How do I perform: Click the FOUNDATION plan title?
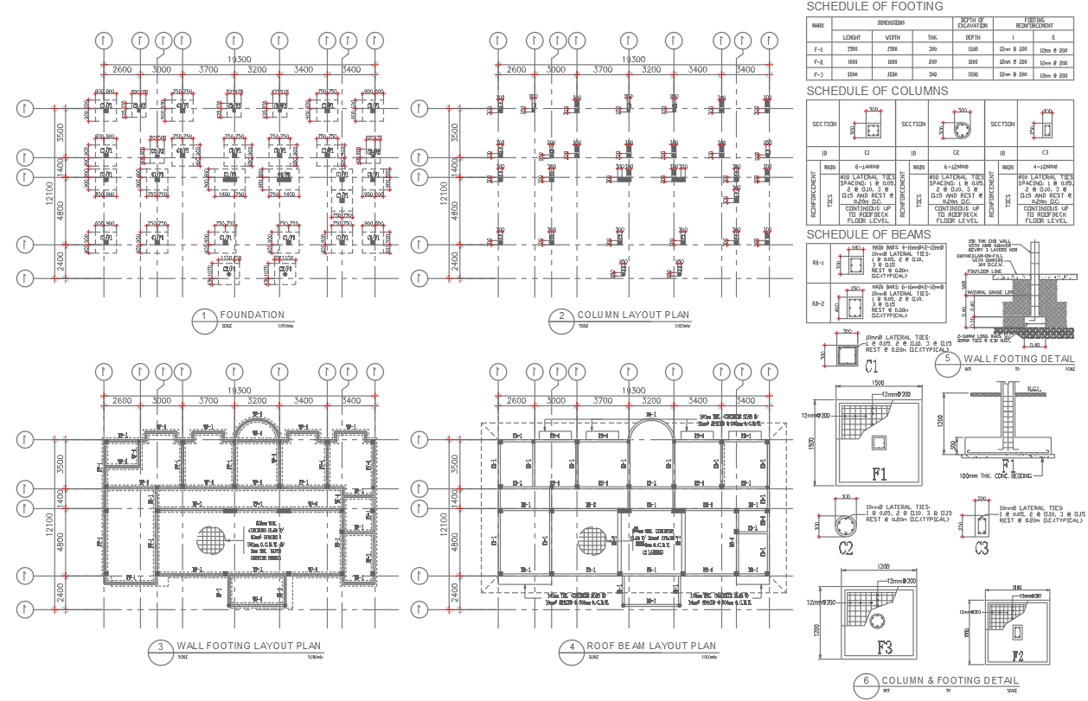tap(252, 315)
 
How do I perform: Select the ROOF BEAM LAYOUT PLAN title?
tap(651, 646)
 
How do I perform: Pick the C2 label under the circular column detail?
tap(846, 548)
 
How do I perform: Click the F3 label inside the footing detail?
tap(884, 647)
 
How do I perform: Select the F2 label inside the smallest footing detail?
tap(1018, 655)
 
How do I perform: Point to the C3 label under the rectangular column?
tap(982, 547)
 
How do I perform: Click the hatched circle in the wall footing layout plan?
tap(214, 540)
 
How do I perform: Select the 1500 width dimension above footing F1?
tap(879, 382)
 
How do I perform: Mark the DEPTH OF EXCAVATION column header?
tap(972, 22)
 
